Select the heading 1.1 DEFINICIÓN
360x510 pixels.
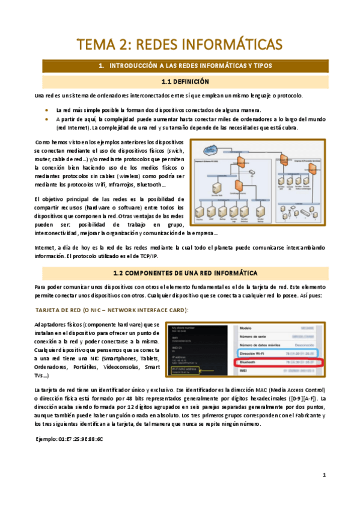[x=180, y=81]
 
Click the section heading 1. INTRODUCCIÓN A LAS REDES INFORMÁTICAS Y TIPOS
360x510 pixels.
[x=180, y=65]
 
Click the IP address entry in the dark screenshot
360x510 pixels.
[x=175, y=357]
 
